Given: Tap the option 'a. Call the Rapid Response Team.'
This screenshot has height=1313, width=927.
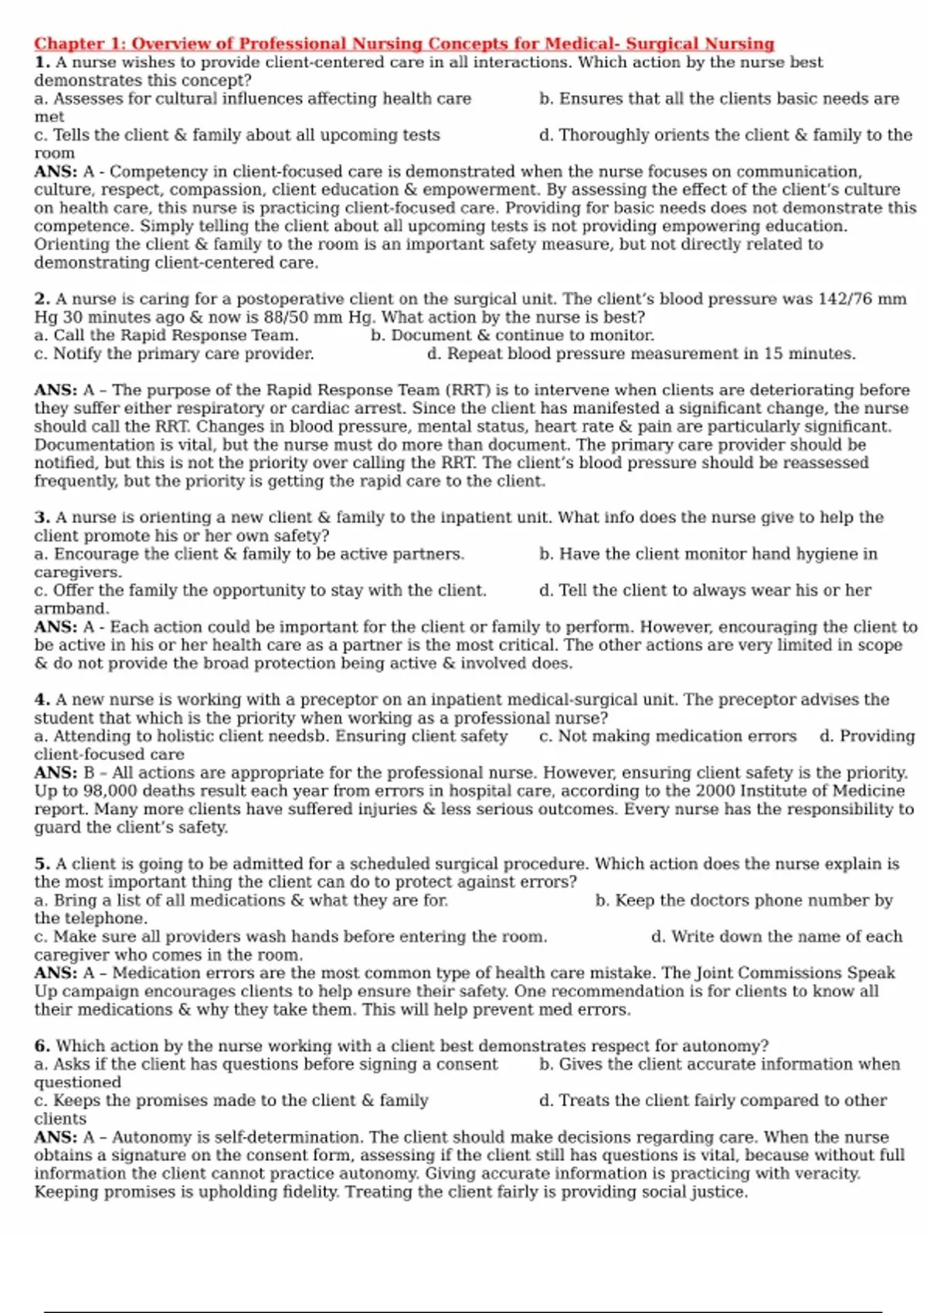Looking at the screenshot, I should [166, 335].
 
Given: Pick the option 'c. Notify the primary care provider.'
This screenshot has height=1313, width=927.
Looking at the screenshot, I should [174, 354].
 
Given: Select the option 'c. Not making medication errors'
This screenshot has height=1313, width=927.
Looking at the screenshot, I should [667, 736].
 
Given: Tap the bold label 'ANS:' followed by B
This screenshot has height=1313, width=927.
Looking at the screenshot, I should [55, 772].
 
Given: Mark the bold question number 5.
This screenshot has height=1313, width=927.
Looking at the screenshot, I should [42, 863].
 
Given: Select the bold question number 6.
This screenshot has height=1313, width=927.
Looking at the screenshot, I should [42, 1046].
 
